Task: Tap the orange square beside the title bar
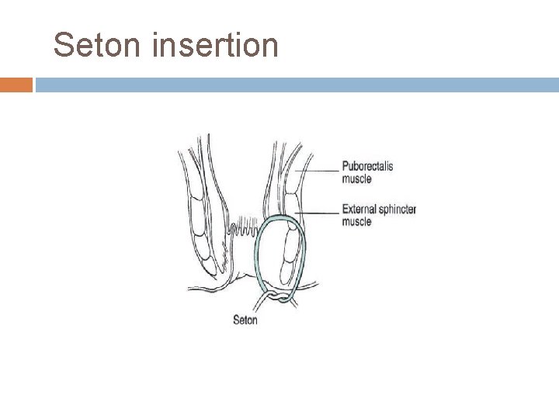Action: coord(16,84)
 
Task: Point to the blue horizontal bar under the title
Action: coord(295,84)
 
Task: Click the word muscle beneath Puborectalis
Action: coord(357,178)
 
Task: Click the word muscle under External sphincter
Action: coord(357,221)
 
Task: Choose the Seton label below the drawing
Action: coord(245,319)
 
